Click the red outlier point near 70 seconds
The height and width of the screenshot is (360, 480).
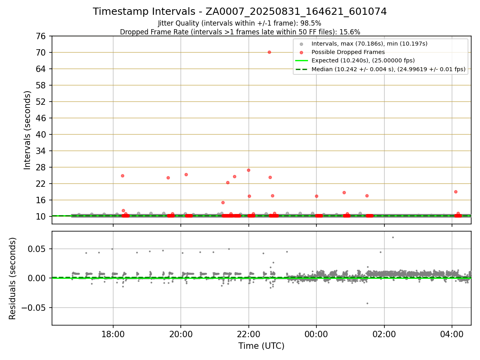pos(269,52)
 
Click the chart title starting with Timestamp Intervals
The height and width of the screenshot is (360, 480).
pos(240,12)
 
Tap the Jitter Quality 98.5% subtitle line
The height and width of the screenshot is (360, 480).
pos(240,23)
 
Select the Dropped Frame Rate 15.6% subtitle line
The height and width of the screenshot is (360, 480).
pos(240,32)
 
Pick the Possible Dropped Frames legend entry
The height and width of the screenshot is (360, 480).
pos(348,52)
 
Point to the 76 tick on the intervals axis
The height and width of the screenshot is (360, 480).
pos(42,36)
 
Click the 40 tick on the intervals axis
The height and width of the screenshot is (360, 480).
pos(42,134)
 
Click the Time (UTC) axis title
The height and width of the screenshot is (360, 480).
pos(261,346)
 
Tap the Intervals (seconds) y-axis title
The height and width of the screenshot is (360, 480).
pos(27,130)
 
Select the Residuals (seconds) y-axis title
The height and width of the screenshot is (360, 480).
pos(12,278)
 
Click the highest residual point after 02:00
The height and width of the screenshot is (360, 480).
pos(393,237)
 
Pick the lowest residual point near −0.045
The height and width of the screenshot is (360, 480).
pos(367,303)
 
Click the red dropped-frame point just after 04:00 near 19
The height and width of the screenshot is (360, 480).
pos(456,192)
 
